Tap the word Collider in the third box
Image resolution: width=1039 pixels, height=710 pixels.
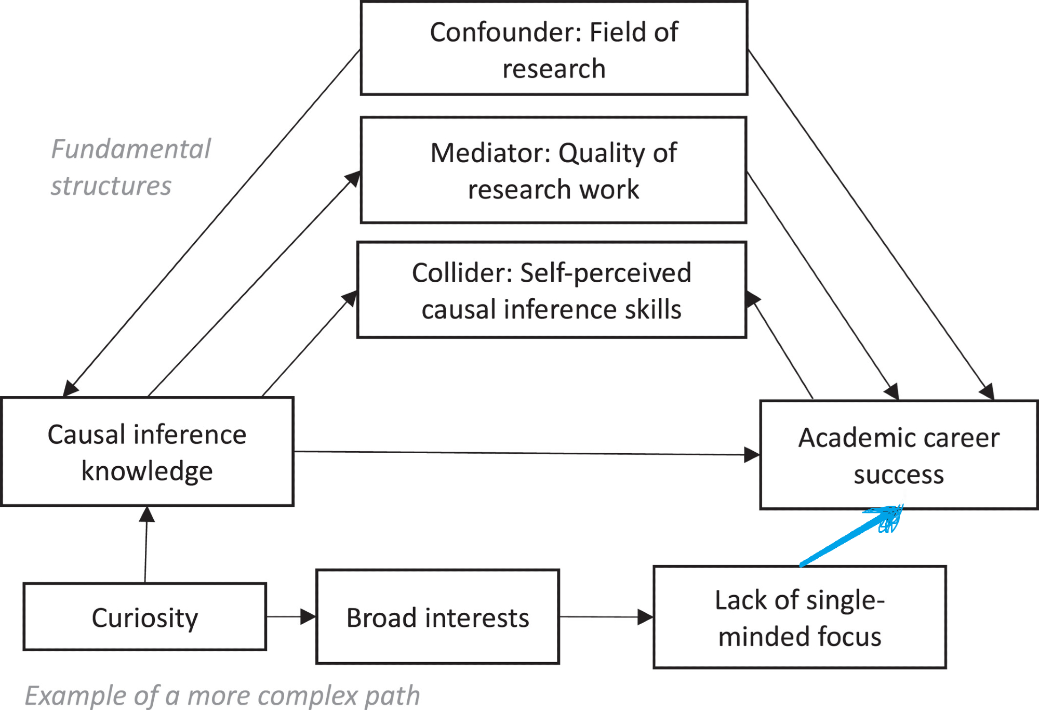coord(462,273)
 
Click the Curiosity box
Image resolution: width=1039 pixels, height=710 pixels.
coord(145,617)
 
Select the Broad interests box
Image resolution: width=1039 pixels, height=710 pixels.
coord(437,617)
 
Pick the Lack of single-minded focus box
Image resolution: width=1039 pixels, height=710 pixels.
coord(800,617)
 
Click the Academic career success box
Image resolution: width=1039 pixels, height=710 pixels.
coord(899,455)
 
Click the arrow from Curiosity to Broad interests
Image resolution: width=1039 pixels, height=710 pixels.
coord(291,617)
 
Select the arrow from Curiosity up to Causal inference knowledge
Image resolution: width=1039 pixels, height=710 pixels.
coord(146,546)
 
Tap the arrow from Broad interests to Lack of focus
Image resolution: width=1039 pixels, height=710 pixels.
coord(606,617)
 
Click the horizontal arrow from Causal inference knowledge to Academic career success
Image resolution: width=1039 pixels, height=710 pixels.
coord(525,453)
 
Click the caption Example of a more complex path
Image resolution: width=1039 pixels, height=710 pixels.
coord(222,695)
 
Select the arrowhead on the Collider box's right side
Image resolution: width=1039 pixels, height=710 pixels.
coord(752,299)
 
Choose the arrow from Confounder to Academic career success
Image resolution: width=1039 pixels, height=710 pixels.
coord(870,223)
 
